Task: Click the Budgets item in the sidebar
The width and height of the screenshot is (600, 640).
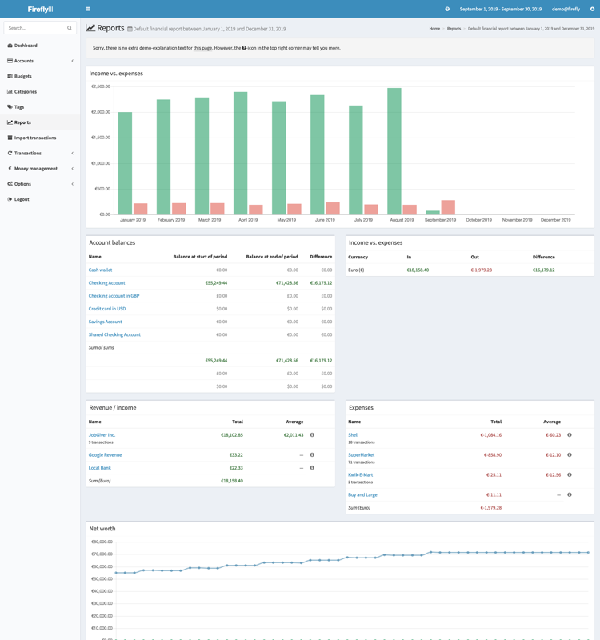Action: (x=23, y=76)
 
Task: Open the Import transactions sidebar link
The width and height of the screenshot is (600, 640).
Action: (x=34, y=138)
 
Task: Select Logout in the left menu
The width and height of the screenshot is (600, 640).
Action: (x=22, y=199)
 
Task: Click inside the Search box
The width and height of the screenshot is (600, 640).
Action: (x=36, y=28)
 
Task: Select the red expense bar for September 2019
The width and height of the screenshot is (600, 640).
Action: (x=448, y=207)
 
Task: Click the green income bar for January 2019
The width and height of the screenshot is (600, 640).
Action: (x=125, y=163)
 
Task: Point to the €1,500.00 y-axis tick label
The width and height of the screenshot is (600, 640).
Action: (x=101, y=138)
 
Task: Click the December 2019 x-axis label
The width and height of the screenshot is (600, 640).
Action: (x=555, y=219)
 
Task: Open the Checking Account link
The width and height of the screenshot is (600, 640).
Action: (x=106, y=283)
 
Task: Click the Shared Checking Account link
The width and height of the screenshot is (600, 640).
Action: (x=114, y=334)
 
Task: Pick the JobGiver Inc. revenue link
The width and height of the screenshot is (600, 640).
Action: (x=102, y=435)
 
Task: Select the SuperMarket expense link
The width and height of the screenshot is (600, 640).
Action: (x=361, y=455)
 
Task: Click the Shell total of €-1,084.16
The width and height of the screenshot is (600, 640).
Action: (x=490, y=435)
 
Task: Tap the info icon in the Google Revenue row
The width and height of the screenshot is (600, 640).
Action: (x=312, y=455)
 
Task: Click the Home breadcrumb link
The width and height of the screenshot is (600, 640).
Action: (x=434, y=29)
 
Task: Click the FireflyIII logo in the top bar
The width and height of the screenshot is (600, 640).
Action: (x=40, y=9)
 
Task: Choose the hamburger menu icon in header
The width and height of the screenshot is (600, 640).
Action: (x=88, y=9)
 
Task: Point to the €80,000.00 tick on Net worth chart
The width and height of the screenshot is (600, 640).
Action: (x=101, y=542)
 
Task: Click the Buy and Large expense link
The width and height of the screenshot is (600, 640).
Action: (x=362, y=494)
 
